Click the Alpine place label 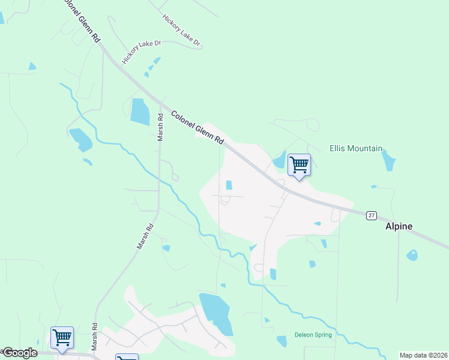click(x=399, y=226)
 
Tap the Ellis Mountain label click(x=356, y=148)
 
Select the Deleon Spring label click(x=313, y=335)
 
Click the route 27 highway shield click(x=372, y=215)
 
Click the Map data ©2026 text click(x=423, y=355)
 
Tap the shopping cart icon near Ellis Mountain click(x=299, y=164)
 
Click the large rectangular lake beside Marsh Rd click(x=140, y=111)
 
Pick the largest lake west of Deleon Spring click(x=215, y=313)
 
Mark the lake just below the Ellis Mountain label click(x=389, y=160)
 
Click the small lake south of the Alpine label click(x=412, y=255)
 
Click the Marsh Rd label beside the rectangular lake click(x=160, y=127)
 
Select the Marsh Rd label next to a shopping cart click(x=95, y=337)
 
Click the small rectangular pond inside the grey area click(x=229, y=185)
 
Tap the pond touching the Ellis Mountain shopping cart click(x=280, y=160)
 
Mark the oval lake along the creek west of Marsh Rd click(x=80, y=140)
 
